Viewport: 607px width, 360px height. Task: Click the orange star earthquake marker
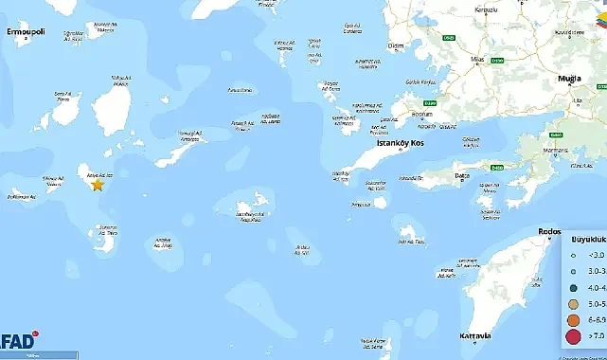click(97, 185)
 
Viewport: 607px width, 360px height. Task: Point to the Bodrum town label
click(421, 115)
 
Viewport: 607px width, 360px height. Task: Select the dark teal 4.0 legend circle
click(572, 286)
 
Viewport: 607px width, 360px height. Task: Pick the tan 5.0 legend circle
click(572, 302)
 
